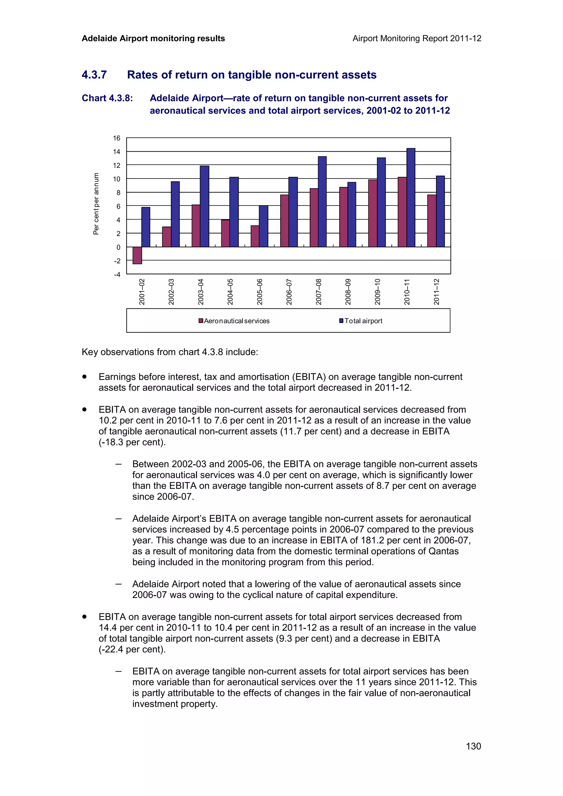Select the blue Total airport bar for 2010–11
click(411, 197)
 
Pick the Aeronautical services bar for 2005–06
click(255, 236)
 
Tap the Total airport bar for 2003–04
click(204, 206)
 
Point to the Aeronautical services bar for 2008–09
click(343, 217)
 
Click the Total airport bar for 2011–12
click(440, 211)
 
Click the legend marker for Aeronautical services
click(200, 321)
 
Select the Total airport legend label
click(363, 321)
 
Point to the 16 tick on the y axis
click(117, 138)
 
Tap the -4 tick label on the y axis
click(117, 275)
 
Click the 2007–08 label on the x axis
click(318, 292)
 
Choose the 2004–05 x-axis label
click(230, 292)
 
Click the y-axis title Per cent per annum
click(96, 204)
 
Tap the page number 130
click(473, 746)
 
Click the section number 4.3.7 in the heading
click(94, 75)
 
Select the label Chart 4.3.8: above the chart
click(107, 98)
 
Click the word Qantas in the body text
click(443, 551)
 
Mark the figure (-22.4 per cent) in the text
click(132, 649)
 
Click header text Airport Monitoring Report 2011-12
click(416, 38)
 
